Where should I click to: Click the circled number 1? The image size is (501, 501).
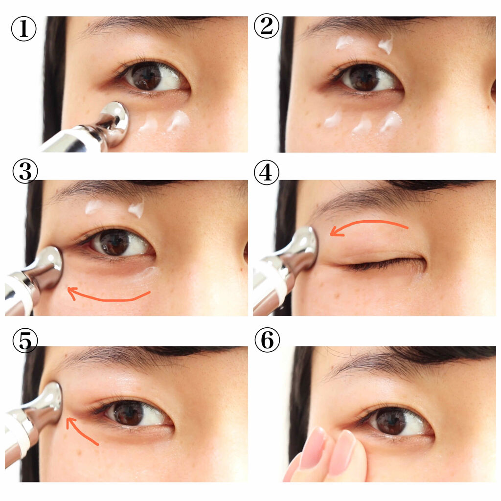click(x=23, y=28)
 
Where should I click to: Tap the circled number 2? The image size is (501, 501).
click(x=267, y=26)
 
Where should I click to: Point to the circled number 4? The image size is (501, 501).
click(x=267, y=173)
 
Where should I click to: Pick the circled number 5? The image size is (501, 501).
click(x=25, y=340)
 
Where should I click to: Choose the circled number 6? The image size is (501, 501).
click(x=268, y=340)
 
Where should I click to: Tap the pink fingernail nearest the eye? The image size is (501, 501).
click(x=342, y=451)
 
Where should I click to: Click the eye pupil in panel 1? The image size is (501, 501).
click(x=147, y=77)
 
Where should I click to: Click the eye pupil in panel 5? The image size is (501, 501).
click(x=129, y=413)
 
